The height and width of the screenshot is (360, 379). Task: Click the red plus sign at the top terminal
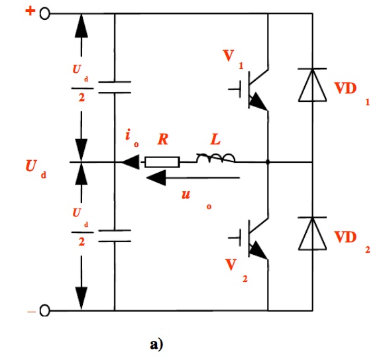click(x=30, y=11)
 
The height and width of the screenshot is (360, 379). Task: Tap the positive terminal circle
click(x=44, y=13)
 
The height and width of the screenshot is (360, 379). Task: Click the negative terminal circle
click(x=44, y=310)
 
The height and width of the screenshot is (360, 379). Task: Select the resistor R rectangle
click(x=162, y=162)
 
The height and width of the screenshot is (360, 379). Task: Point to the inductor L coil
click(x=215, y=158)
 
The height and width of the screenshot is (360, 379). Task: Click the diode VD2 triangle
click(x=313, y=234)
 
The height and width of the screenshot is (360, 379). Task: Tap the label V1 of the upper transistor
click(x=233, y=59)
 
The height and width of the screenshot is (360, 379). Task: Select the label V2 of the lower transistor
click(x=237, y=270)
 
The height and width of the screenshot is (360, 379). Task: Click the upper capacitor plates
click(x=115, y=87)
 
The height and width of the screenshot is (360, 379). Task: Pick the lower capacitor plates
click(x=115, y=236)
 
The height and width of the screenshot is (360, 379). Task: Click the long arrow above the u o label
click(x=193, y=178)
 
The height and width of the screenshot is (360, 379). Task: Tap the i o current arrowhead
click(x=131, y=162)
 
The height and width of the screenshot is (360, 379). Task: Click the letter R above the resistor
click(x=163, y=140)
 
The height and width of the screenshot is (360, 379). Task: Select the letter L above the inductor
click(x=215, y=140)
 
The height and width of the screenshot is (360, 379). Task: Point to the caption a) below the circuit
click(x=156, y=344)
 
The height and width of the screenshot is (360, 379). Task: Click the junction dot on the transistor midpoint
click(x=268, y=162)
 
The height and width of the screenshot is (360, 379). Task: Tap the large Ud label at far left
click(x=36, y=168)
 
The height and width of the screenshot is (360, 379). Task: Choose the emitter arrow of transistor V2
click(x=258, y=250)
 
